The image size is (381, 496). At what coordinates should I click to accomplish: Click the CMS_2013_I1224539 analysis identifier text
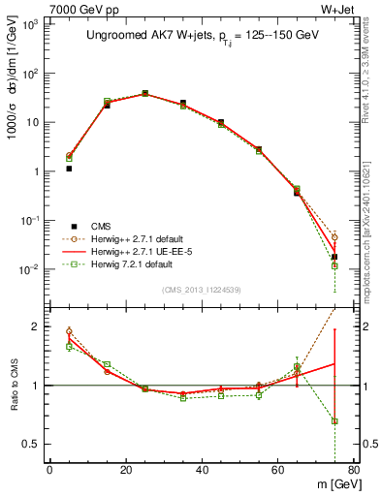coord(202,289)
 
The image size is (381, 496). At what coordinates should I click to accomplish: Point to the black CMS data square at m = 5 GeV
coord(69,169)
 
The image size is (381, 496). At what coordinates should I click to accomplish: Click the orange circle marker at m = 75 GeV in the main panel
coord(334,237)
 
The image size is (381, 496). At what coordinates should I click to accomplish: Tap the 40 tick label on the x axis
coord(202,472)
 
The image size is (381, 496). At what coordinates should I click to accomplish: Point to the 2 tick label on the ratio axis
coord(37,326)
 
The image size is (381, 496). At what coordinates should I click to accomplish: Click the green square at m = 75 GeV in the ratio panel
coord(334,421)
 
